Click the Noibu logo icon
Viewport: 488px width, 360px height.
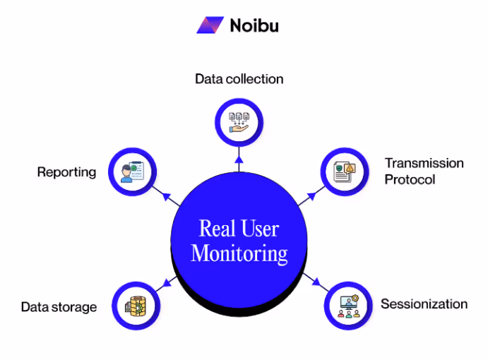[x=210, y=25]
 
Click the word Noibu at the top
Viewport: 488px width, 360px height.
[x=254, y=25]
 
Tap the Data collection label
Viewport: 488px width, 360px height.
[x=239, y=78]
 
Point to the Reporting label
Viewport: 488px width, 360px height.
[x=66, y=172]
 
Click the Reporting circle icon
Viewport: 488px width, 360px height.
[x=132, y=172]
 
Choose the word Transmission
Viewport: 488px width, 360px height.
[x=424, y=163]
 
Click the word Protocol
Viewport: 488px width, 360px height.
[x=410, y=179]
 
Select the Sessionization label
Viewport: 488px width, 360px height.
[x=424, y=304]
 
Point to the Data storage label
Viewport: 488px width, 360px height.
[x=59, y=307]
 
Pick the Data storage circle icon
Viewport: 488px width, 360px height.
[x=136, y=306]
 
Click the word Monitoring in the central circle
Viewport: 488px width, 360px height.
[x=239, y=253]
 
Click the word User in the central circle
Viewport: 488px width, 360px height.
[x=259, y=229]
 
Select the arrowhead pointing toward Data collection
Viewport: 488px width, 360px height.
[x=239, y=158]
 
